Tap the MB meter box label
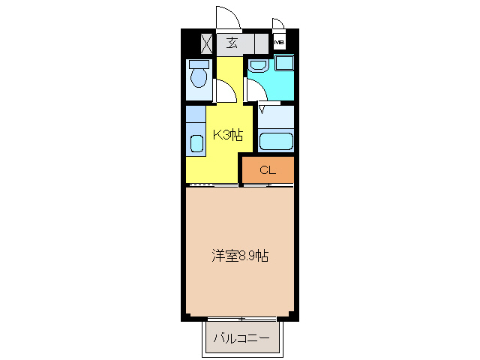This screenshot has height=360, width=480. coord(279,42)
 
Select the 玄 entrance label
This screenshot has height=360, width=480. coord(232,43)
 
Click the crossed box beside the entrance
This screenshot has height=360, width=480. coord(207,42)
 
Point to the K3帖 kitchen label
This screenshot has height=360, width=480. coord(227,135)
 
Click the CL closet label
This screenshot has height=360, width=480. coord(268,170)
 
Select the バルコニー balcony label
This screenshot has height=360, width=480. coord(241,339)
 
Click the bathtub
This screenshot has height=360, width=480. coord(274,140)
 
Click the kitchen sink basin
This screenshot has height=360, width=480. coord(196,142)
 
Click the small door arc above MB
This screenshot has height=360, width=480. coord(278,23)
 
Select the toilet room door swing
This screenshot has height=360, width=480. coord(226,91)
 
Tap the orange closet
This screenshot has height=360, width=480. coord(268,170)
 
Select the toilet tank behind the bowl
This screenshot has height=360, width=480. coord(199,64)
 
